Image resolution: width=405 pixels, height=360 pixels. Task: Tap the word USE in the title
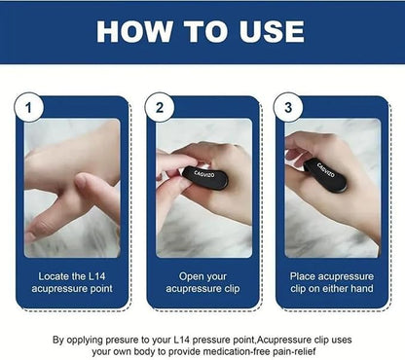coord(259,31)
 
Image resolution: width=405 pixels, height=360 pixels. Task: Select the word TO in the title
coord(196,31)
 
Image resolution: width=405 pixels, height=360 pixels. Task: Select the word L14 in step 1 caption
coord(98,275)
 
